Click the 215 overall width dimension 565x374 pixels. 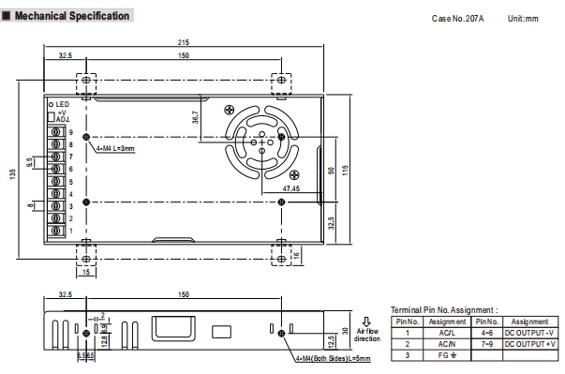tap(183, 42)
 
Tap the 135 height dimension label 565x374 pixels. tap(12, 174)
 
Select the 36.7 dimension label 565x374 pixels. tap(195, 117)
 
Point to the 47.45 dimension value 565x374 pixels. tap(290, 188)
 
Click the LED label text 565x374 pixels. tap(63, 104)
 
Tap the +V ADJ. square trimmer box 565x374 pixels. tap(52, 117)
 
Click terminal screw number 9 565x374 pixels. tap(56, 132)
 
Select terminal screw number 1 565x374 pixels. tap(56, 231)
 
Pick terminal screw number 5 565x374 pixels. tap(56, 181)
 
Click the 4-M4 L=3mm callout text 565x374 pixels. tap(115, 148)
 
